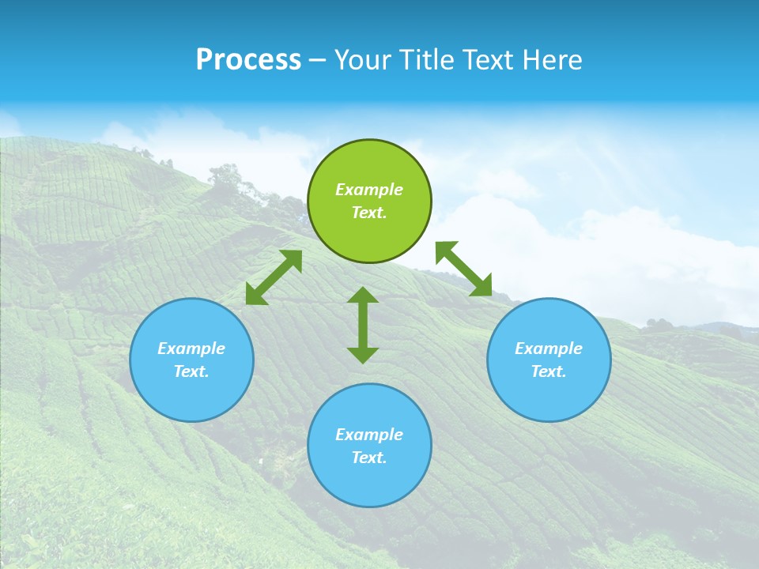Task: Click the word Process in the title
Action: (248, 60)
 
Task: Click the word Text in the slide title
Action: (491, 60)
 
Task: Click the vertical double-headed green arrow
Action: (363, 326)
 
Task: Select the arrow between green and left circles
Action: (274, 277)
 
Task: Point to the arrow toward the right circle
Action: (463, 269)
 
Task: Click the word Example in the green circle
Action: (369, 190)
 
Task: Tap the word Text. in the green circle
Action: (369, 213)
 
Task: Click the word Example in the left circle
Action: (191, 349)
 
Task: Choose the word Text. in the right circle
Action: (549, 371)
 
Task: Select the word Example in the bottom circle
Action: (369, 435)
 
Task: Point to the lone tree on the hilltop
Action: (225, 179)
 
